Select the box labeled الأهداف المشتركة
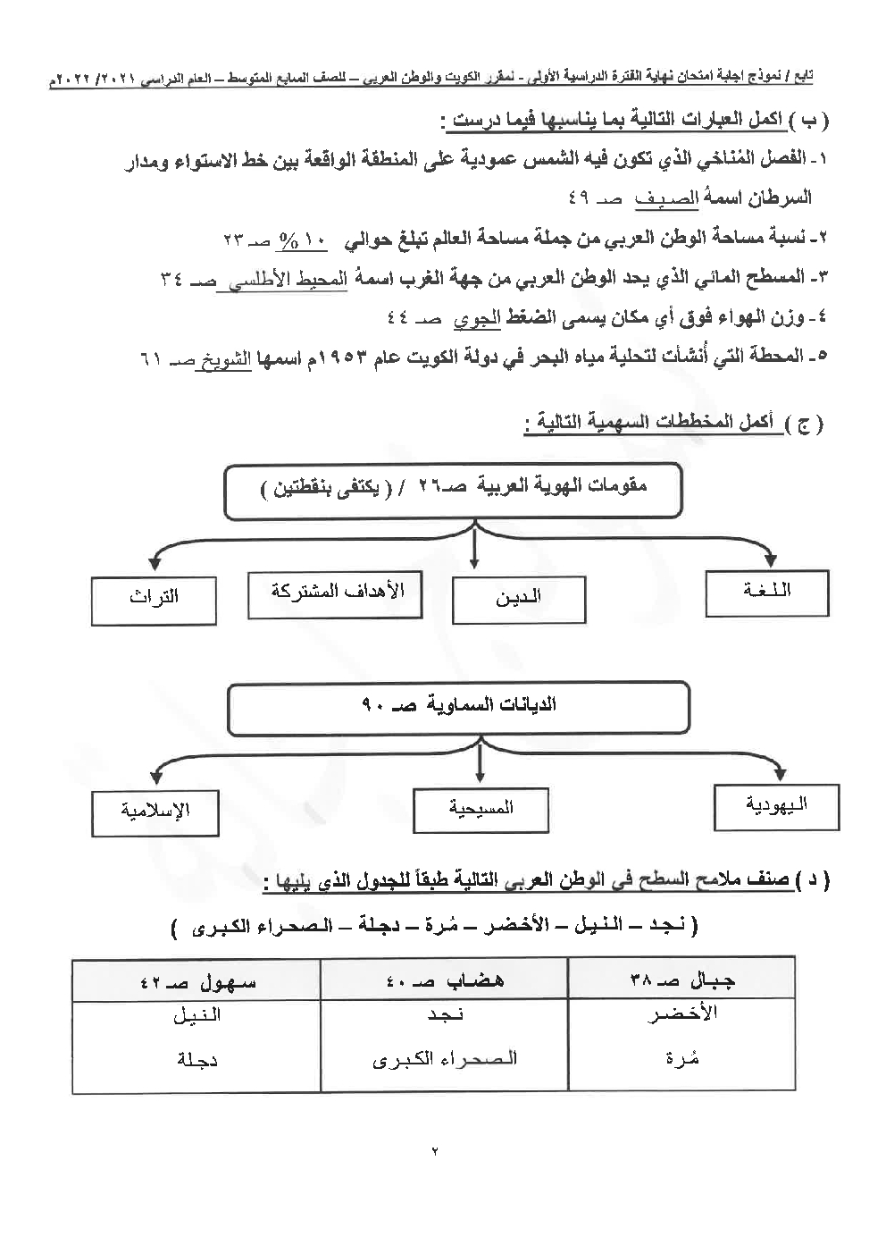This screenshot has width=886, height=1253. coord(334,593)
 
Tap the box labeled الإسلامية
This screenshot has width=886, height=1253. coord(155,812)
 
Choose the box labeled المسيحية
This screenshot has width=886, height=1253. coord(481,810)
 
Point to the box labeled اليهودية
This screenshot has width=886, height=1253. coord(776,806)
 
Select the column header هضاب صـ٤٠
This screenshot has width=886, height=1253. coord(444,980)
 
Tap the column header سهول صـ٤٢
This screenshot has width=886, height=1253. coord(196,981)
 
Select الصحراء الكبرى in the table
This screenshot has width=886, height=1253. coord(444,1059)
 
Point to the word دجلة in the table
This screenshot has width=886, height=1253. coord(197,1060)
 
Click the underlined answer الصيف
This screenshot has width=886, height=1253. coord(663,199)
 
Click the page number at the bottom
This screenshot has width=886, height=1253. coord(436,1151)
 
